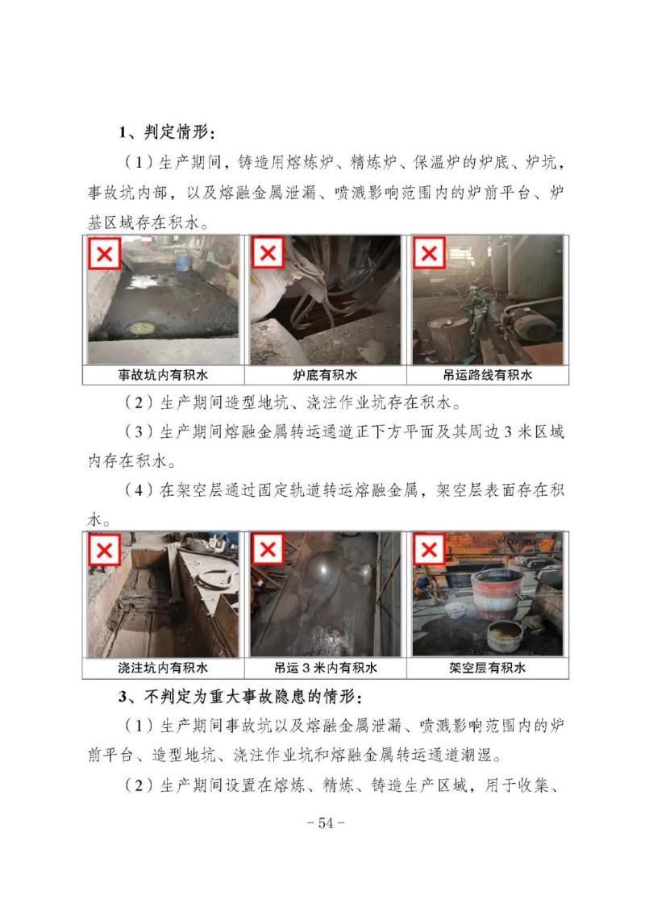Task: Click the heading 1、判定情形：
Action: pyautogui.click(x=167, y=132)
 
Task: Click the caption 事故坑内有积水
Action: pyautogui.click(x=163, y=375)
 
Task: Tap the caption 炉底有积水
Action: pyautogui.click(x=325, y=375)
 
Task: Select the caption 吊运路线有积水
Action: pyautogui.click(x=488, y=375)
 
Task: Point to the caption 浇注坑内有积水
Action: pyautogui.click(x=163, y=668)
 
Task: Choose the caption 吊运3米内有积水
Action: pyautogui.click(x=325, y=668)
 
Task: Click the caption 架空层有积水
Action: pyautogui.click(x=488, y=668)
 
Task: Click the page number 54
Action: pyautogui.click(x=326, y=823)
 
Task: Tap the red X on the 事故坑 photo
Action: pyautogui.click(x=105, y=253)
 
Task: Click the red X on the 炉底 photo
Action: pyautogui.click(x=268, y=252)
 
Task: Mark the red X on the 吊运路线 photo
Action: pyautogui.click(x=429, y=253)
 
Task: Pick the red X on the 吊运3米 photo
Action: pyautogui.click(x=268, y=548)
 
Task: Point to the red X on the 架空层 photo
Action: pyautogui.click(x=429, y=548)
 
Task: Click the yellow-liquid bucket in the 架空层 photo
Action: pyautogui.click(x=505, y=635)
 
